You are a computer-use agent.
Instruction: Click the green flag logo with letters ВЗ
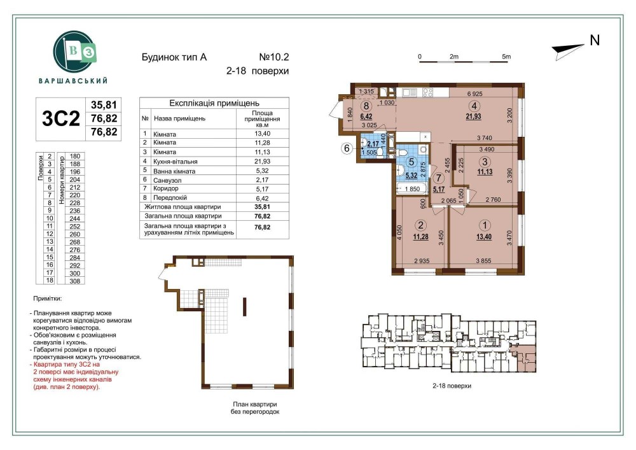click(75, 53)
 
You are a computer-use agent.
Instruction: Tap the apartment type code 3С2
click(61, 119)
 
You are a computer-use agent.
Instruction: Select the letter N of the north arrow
click(595, 41)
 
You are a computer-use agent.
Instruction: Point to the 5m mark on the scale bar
click(506, 57)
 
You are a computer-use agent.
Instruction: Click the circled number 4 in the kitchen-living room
click(474, 106)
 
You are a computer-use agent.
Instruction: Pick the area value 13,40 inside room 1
click(484, 237)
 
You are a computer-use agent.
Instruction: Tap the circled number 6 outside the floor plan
click(347, 148)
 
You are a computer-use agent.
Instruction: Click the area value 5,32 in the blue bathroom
click(411, 176)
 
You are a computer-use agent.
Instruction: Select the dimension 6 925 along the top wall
click(474, 94)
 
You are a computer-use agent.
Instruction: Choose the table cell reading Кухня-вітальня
click(176, 162)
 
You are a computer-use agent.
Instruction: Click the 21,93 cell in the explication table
click(262, 162)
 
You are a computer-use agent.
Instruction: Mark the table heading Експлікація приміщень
click(214, 103)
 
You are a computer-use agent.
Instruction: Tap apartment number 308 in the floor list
click(74, 281)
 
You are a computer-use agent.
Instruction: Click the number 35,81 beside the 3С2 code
click(104, 105)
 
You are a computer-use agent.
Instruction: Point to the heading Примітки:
click(48, 299)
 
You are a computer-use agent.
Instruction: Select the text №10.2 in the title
click(273, 57)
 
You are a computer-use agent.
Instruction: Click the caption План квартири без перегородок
click(255, 408)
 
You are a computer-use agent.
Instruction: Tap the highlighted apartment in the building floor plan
click(524, 359)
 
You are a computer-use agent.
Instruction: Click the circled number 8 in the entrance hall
click(367, 106)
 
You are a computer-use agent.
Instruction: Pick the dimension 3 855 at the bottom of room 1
click(483, 261)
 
